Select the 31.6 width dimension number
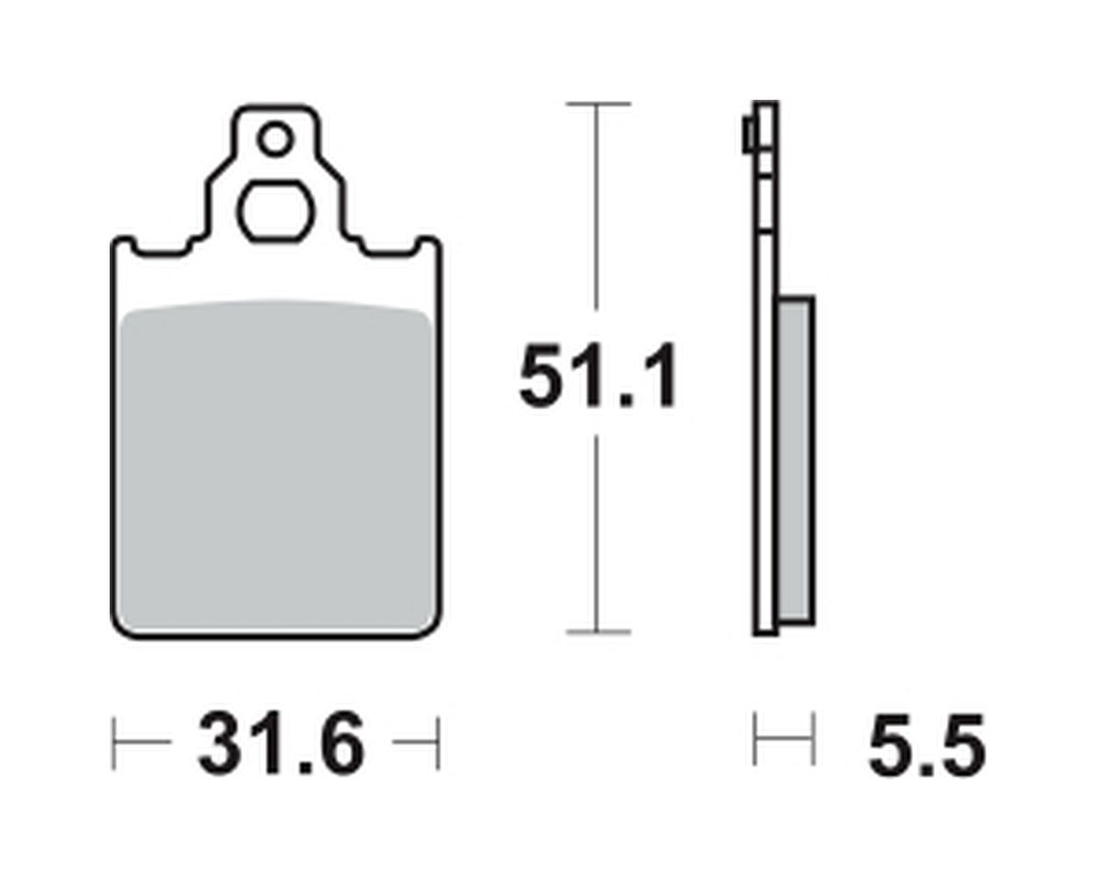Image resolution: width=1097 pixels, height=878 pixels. pyautogui.click(x=282, y=744)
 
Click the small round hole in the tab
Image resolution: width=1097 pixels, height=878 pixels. pyautogui.click(x=276, y=139)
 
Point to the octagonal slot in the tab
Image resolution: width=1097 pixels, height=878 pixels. pyautogui.click(x=276, y=211)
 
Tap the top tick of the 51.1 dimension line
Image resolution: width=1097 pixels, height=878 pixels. pyautogui.click(x=598, y=104)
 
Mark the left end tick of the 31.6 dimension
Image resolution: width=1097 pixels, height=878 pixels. pyautogui.click(x=114, y=744)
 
